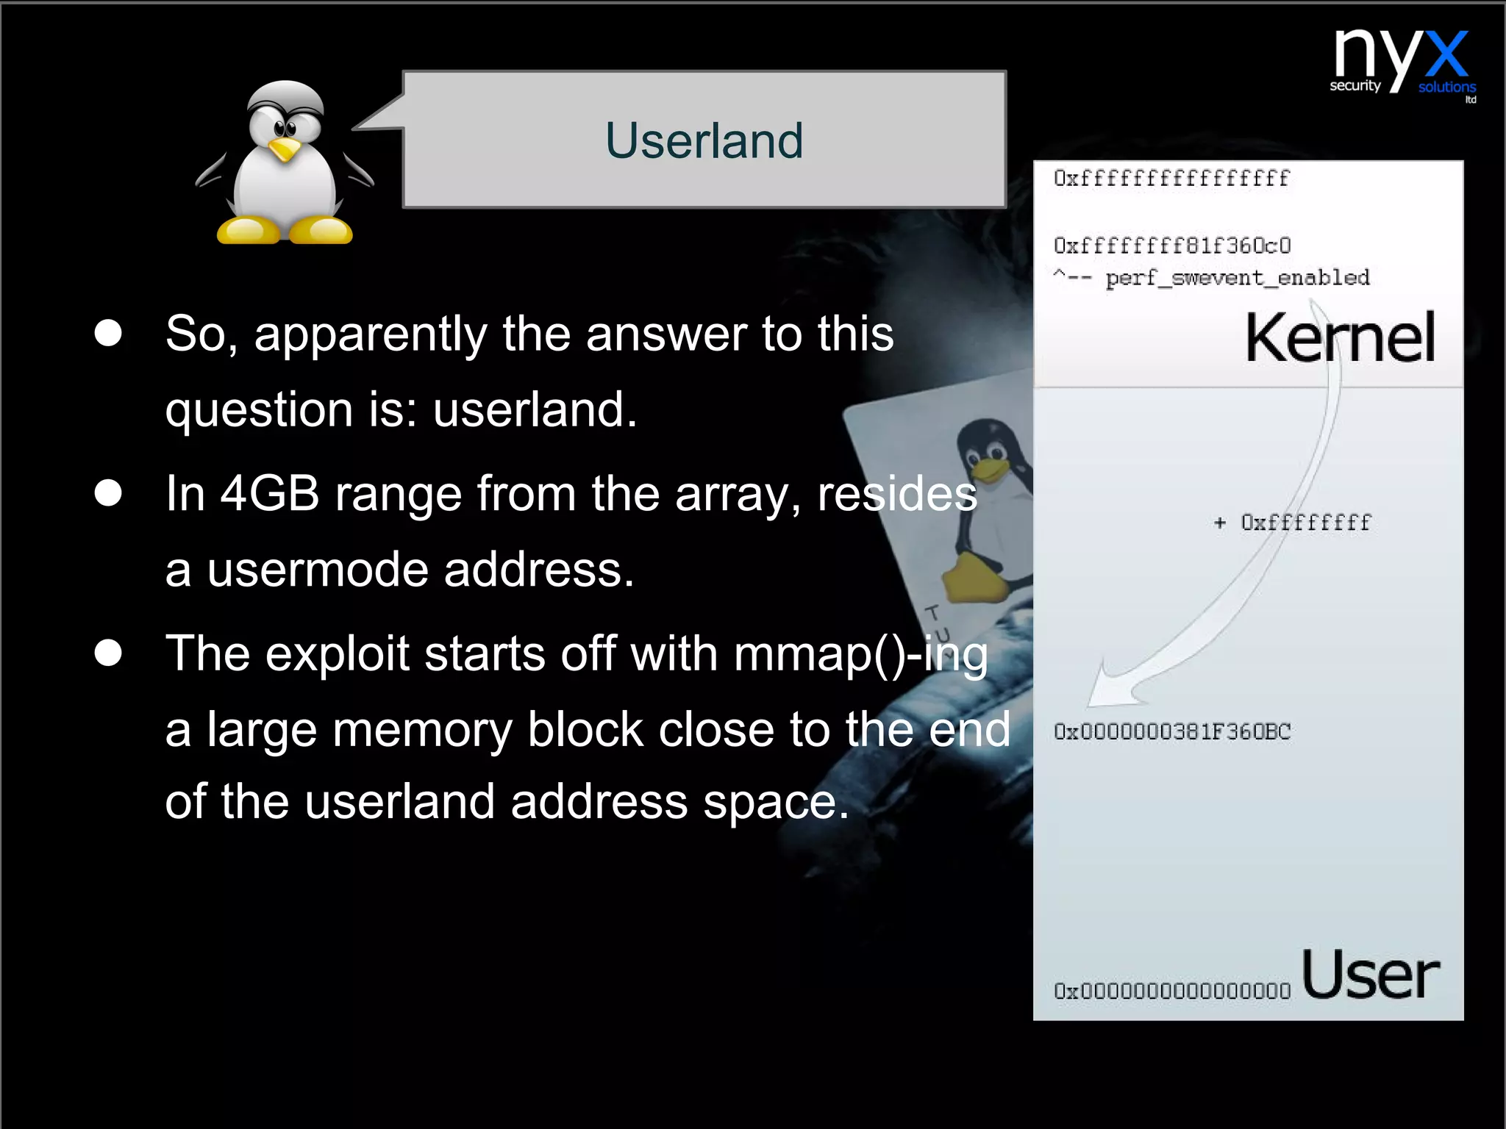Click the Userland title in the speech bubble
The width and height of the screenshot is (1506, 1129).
tap(704, 140)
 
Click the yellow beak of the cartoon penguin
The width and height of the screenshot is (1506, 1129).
tap(284, 150)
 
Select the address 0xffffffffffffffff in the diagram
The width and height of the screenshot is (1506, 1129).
tap(1171, 179)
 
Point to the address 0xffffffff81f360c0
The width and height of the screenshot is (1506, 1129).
tap(1171, 245)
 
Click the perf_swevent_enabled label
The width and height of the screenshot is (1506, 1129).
tap(1238, 278)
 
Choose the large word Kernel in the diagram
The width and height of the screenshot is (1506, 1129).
tap(1339, 338)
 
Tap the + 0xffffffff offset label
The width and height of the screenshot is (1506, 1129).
tap(1292, 523)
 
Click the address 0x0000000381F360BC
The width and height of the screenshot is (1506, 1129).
tap(1171, 732)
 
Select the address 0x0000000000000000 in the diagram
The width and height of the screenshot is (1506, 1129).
tap(1171, 991)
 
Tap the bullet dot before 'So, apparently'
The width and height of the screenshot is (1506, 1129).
tap(108, 333)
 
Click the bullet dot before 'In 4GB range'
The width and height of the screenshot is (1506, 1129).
tap(108, 492)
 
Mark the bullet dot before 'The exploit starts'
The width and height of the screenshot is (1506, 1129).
tap(108, 652)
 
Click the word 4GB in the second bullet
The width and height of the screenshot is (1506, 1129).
tap(270, 493)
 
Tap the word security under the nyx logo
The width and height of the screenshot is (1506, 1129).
tap(1355, 86)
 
